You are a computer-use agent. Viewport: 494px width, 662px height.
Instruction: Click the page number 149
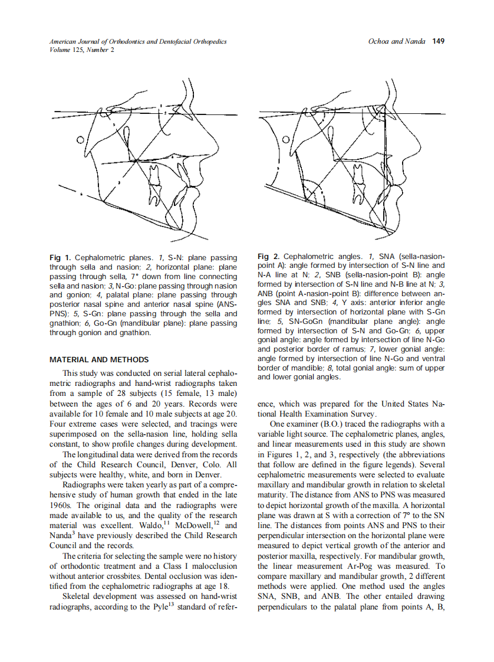point(438,42)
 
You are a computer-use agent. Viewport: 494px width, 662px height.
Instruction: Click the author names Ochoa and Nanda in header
point(396,42)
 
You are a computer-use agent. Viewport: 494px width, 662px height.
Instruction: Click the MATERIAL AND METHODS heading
point(98,359)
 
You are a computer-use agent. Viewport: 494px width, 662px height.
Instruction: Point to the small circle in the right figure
point(286,140)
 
